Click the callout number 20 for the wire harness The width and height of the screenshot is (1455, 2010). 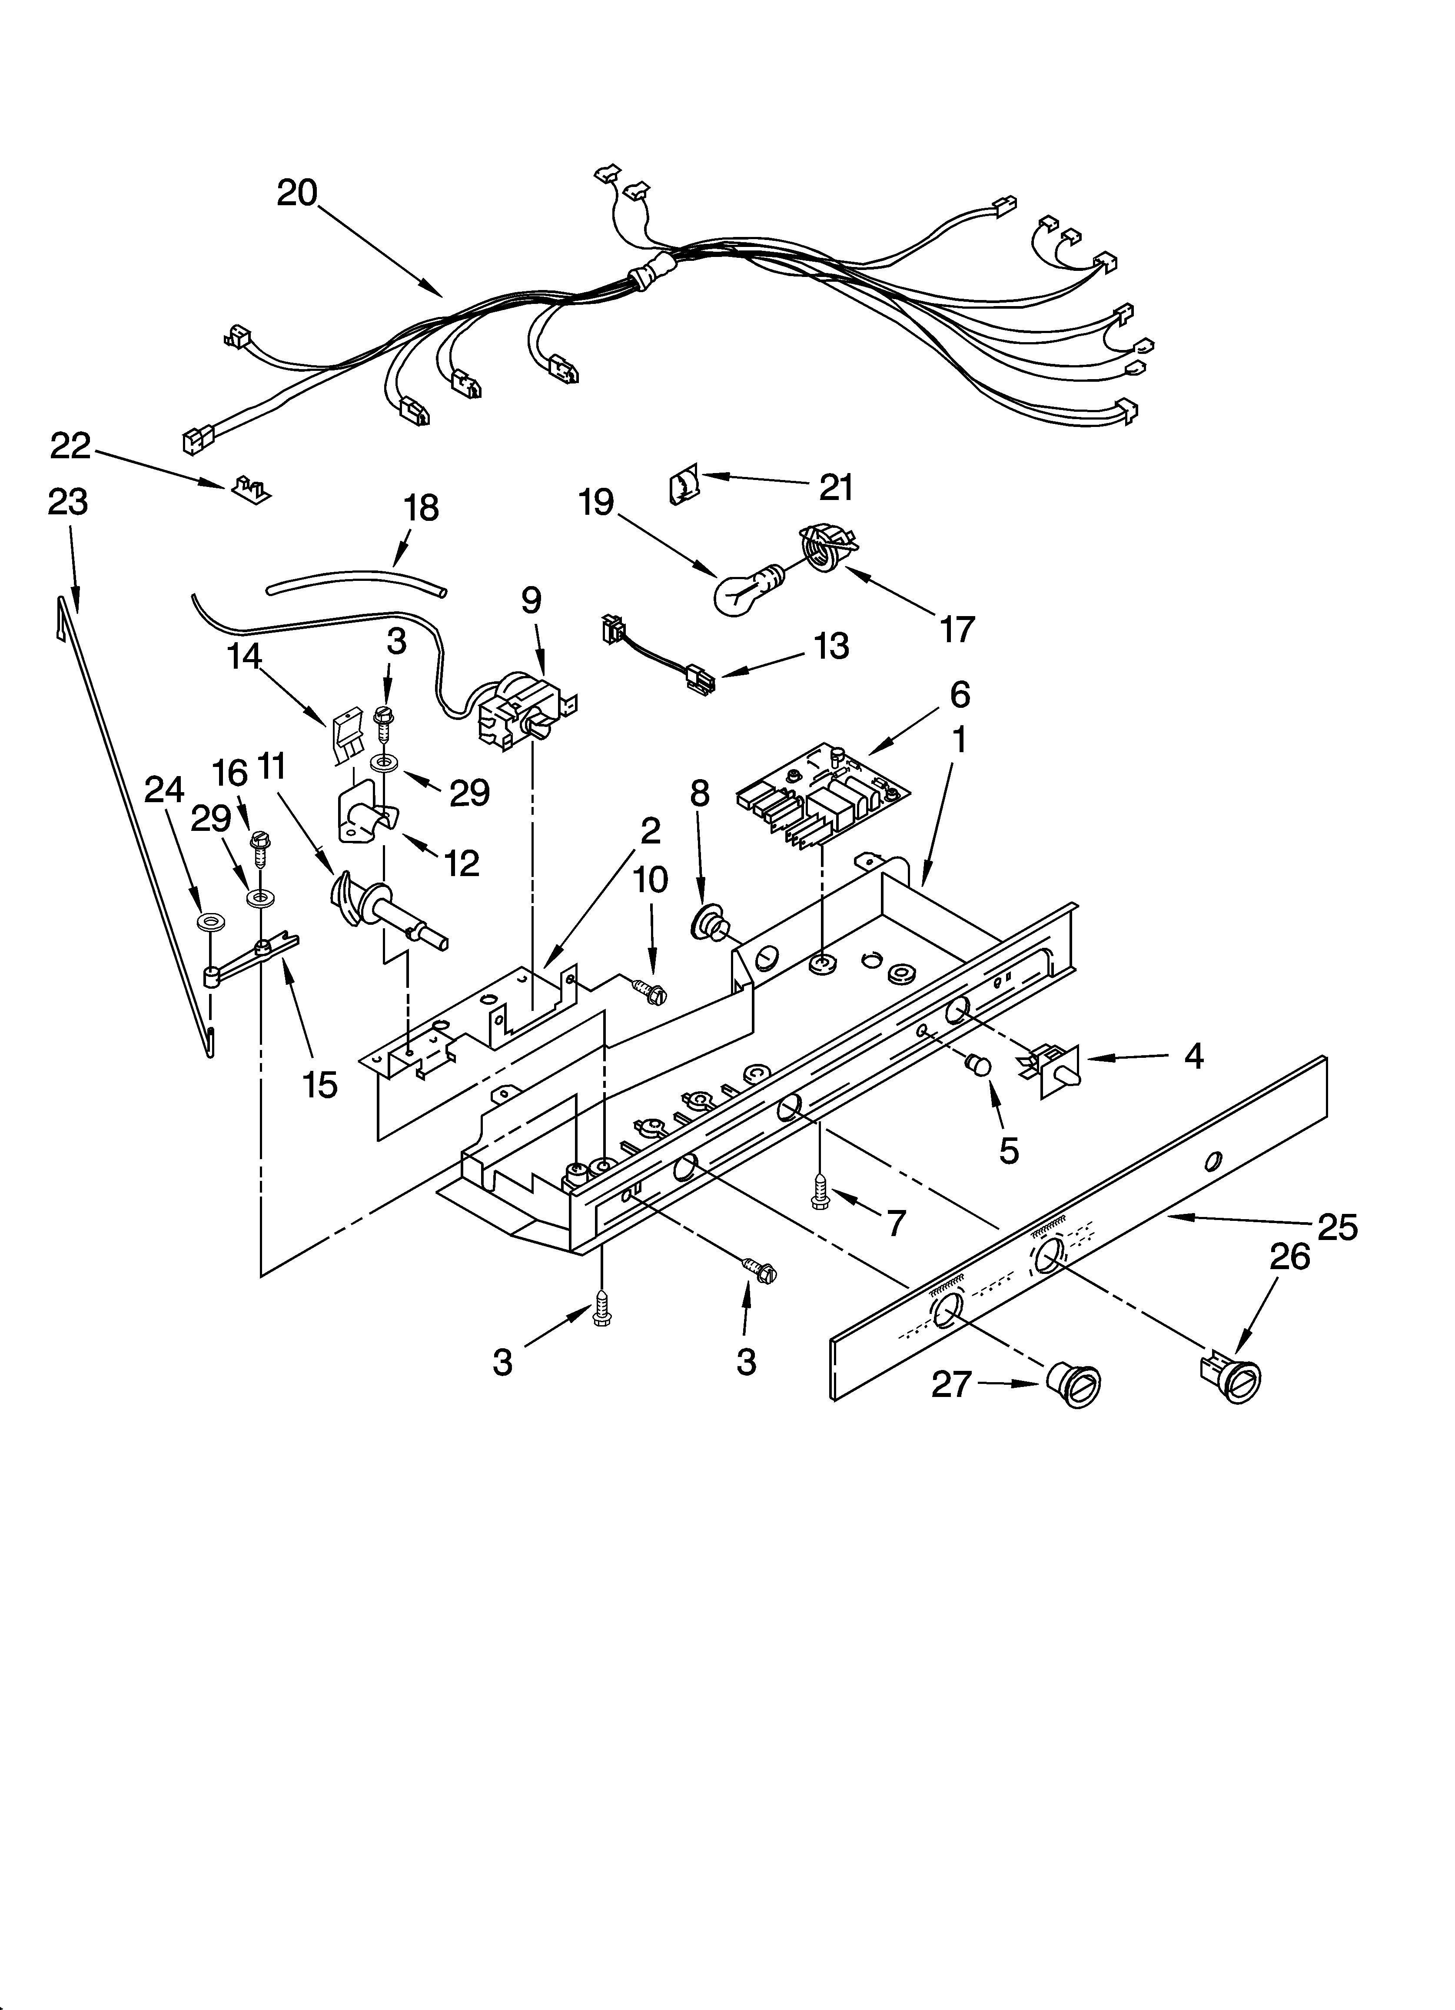coord(297,192)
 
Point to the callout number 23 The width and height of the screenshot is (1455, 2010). coord(68,503)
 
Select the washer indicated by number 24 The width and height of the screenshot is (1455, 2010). coord(211,923)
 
